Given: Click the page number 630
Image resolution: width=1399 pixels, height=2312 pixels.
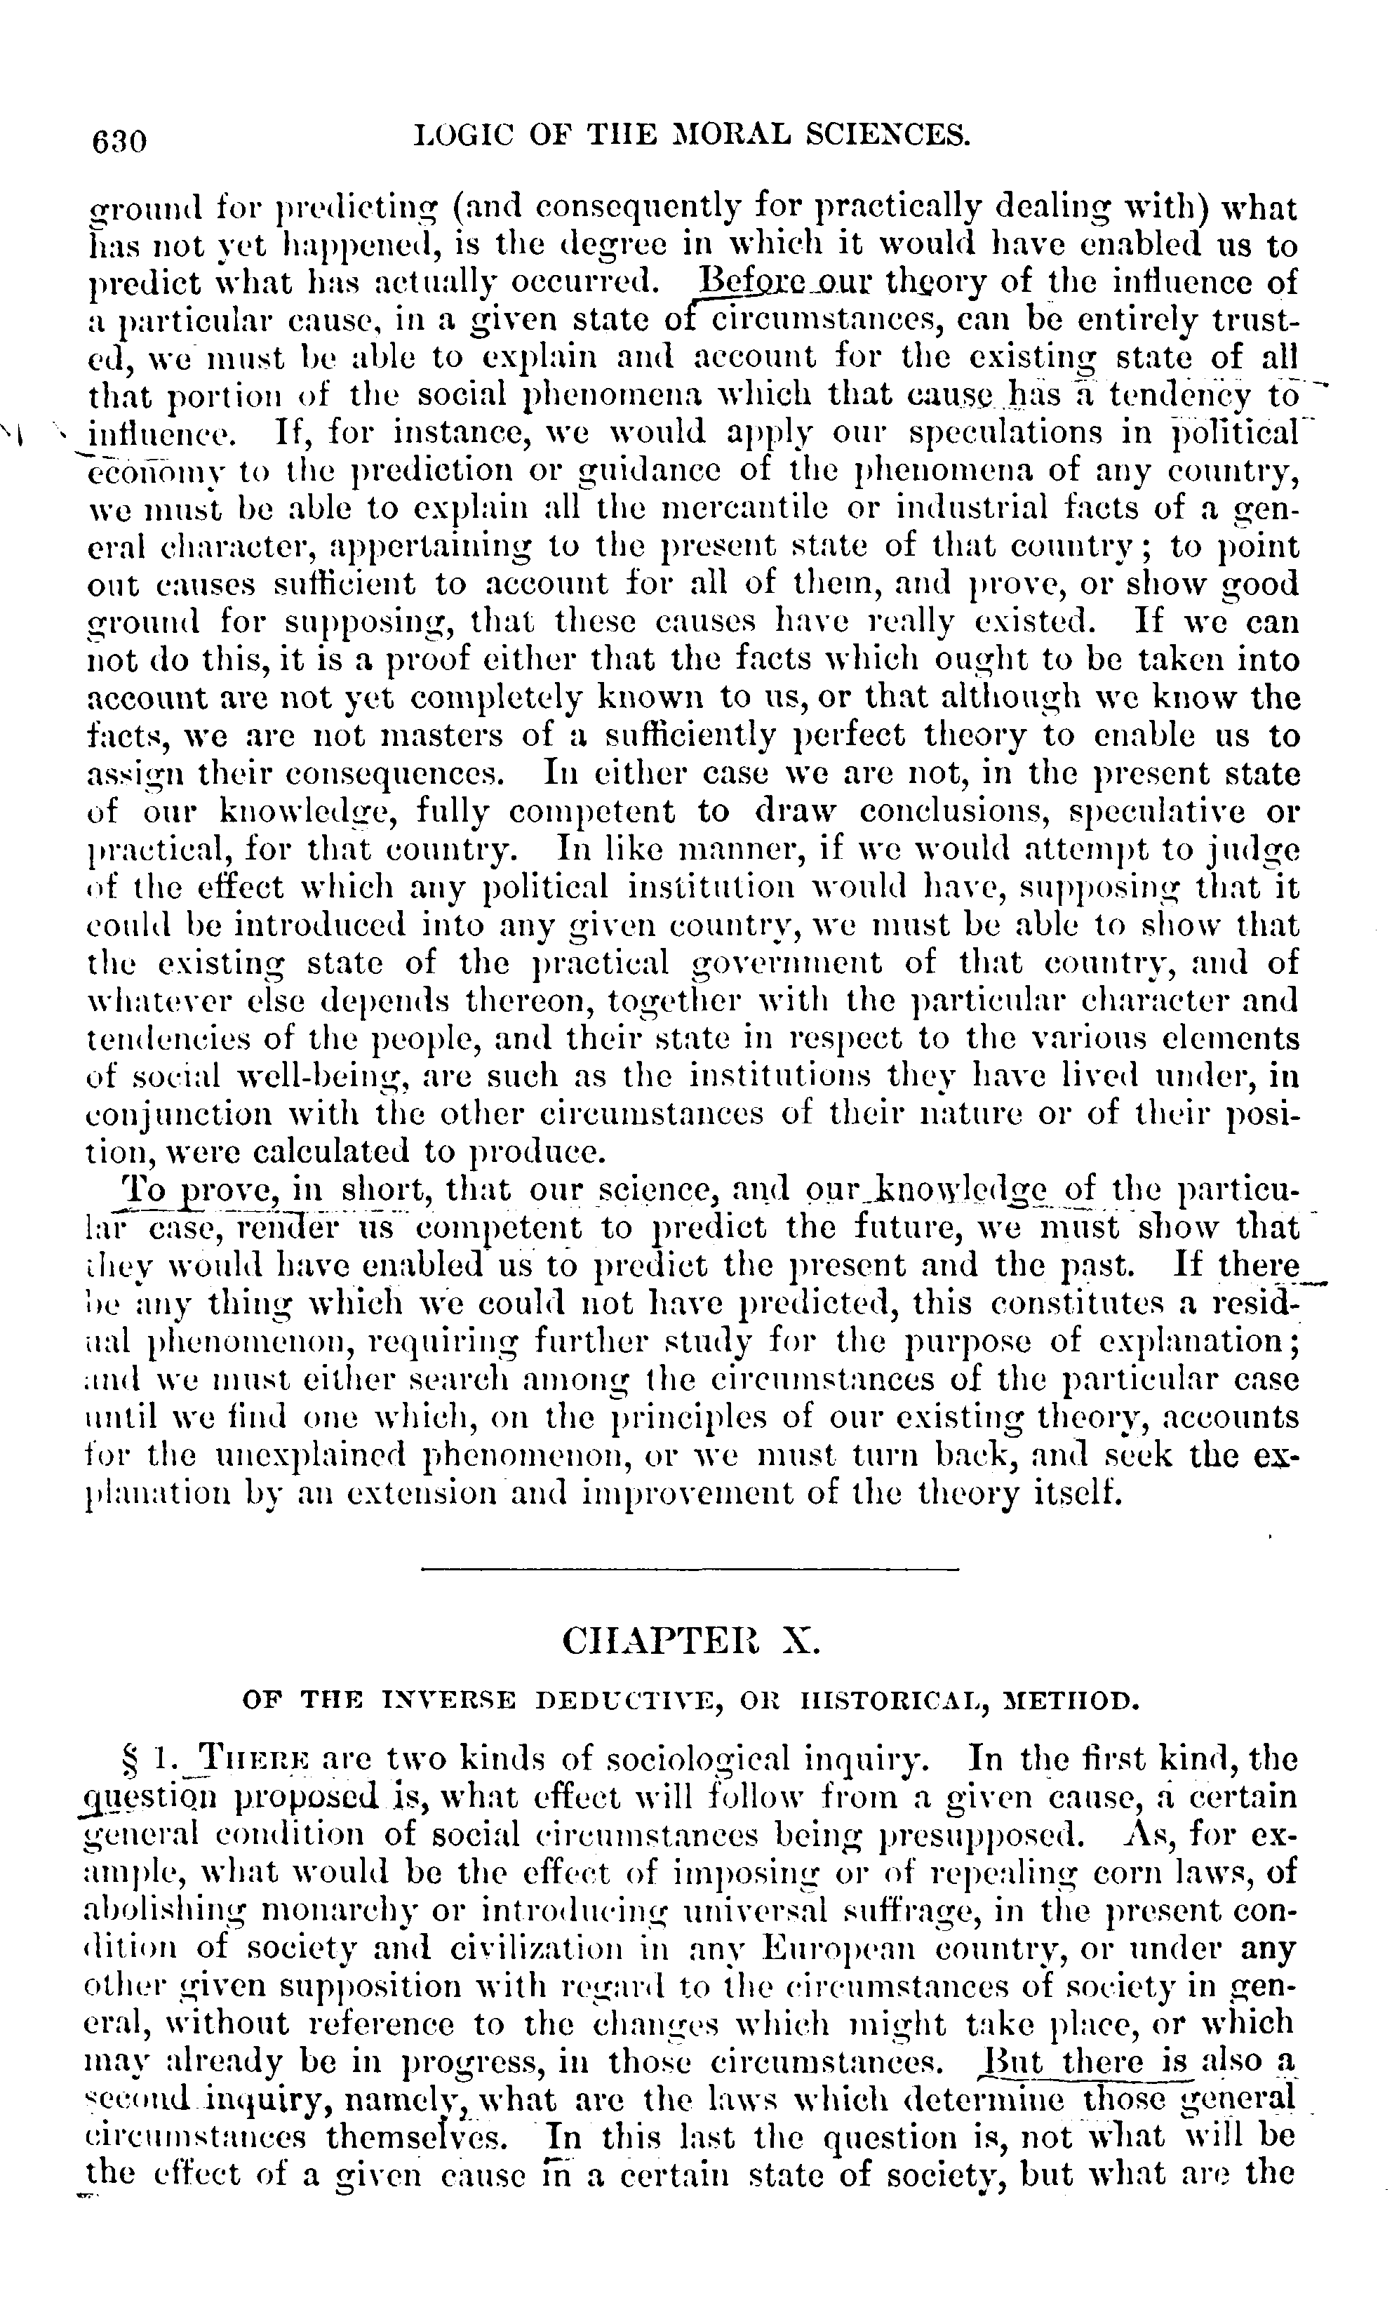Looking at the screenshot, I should pyautogui.click(x=119, y=141).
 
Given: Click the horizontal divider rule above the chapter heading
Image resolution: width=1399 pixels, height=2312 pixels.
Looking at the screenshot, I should pyautogui.click(x=690, y=1569).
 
